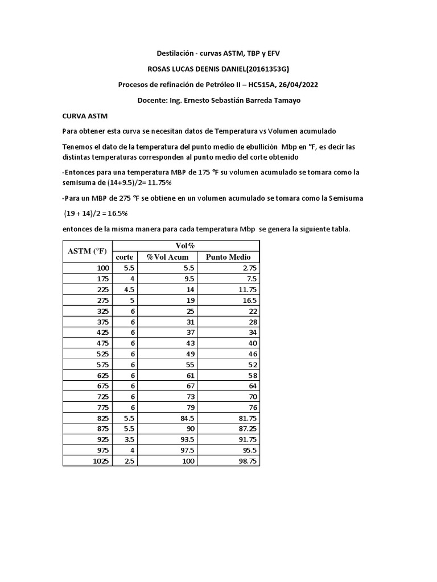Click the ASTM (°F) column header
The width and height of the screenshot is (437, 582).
coord(88,251)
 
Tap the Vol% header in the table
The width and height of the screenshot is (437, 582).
coord(185,246)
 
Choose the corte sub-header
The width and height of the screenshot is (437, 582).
coord(125,257)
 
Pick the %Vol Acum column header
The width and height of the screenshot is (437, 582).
coord(167,257)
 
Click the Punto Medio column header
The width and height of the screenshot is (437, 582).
coord(228,257)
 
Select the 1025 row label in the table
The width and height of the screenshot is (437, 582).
coord(100,462)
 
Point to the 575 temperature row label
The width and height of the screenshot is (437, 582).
coord(102,365)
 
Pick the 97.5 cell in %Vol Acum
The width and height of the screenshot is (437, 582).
coord(186,451)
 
